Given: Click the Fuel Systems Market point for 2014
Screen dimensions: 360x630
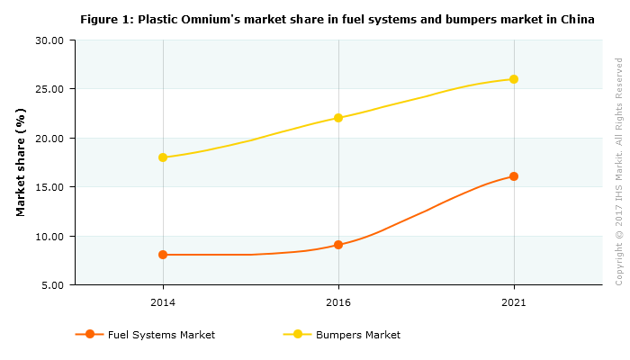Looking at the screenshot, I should coord(163,255).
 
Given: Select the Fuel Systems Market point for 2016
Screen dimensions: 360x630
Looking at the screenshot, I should coord(338,245).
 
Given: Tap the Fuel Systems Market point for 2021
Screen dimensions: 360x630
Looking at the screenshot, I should coord(514,176).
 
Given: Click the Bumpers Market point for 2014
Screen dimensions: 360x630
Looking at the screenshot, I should coord(163,157).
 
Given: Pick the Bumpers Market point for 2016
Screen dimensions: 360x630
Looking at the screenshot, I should coord(338,118).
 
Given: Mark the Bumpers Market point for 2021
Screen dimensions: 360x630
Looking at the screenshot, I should coord(514,79).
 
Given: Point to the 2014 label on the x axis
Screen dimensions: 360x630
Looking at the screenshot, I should coord(163,301).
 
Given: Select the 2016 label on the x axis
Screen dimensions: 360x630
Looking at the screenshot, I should coord(338,301).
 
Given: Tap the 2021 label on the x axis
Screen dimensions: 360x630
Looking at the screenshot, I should coord(514,301).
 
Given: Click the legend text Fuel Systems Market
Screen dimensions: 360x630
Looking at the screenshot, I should coord(161,335).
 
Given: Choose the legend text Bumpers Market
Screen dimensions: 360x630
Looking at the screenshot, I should coord(358,335).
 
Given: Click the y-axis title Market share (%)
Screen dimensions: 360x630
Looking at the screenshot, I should coord(21,162).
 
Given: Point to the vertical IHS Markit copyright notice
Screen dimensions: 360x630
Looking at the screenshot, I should coord(619,171).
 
